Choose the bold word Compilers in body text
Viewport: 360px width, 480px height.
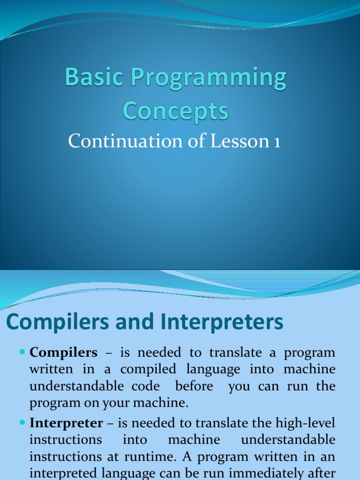(64, 352)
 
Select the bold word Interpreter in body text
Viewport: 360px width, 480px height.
(66, 423)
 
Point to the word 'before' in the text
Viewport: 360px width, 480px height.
(194, 386)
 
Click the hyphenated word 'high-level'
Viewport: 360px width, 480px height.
(307, 423)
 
